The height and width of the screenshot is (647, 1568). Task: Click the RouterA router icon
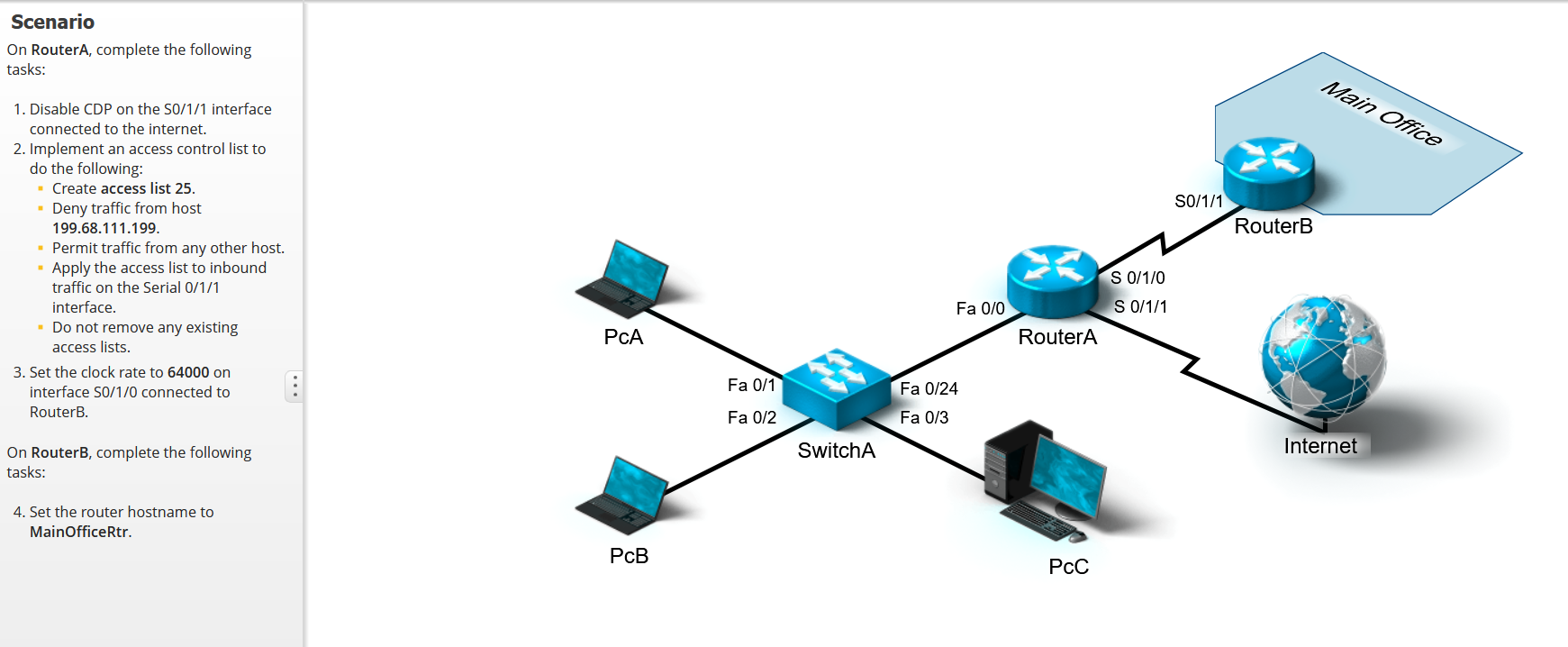coord(1052,280)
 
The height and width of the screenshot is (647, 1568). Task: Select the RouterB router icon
coord(1268,173)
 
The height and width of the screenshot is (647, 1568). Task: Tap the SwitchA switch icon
coord(837,387)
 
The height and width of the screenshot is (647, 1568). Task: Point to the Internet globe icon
coord(1322,355)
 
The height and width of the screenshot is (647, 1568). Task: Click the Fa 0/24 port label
coord(929,388)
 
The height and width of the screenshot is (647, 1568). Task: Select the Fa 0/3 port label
coord(924,417)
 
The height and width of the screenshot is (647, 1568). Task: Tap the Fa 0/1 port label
coord(751,385)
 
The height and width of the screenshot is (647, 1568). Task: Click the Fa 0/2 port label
coord(751,417)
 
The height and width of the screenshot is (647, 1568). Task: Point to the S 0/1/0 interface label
coord(1137,278)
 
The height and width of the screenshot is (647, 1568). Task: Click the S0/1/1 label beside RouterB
coord(1198,201)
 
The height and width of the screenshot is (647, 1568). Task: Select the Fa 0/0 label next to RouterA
coord(980,308)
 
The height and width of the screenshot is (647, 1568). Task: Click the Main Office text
coord(1381,114)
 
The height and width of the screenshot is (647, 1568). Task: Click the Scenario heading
coord(52,22)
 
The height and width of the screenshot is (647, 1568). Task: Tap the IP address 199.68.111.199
coord(104,228)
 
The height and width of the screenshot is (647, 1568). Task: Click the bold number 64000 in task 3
coord(188,372)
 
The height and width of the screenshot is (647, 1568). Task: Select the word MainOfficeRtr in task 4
coord(79,532)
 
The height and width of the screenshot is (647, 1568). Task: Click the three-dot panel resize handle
coord(295,386)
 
